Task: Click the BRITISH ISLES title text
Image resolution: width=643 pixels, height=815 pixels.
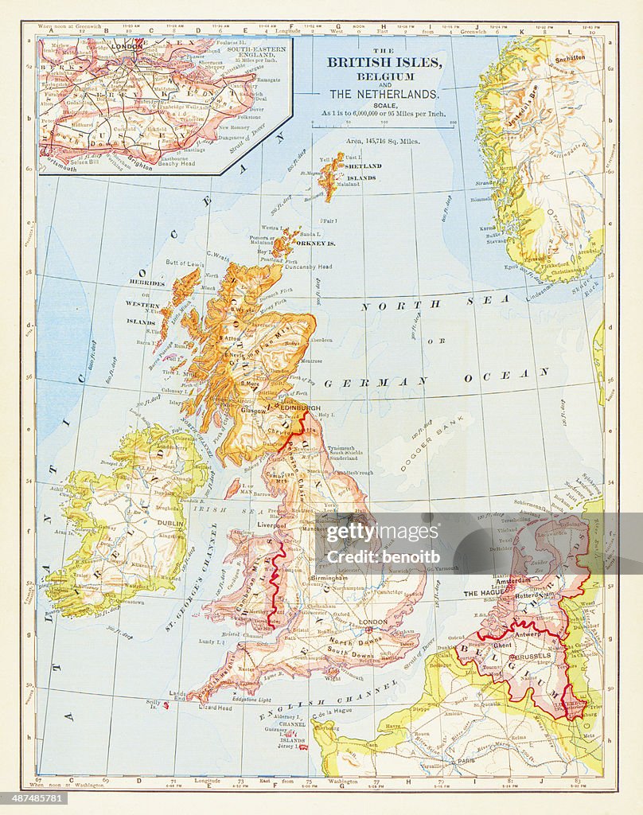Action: point(384,62)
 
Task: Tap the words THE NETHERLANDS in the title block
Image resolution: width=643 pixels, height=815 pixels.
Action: point(384,94)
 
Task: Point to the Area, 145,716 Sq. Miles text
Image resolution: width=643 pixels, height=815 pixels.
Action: point(383,141)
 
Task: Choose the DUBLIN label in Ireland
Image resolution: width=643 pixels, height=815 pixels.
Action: point(171,524)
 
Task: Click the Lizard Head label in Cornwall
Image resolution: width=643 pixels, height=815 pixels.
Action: point(215,708)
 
